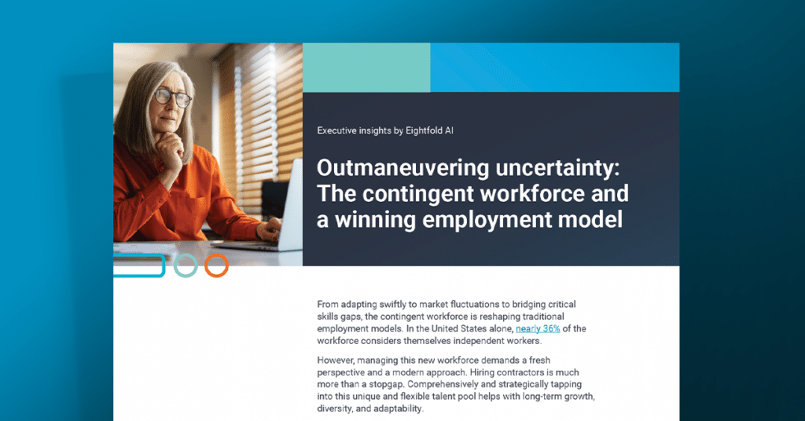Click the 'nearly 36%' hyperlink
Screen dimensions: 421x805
(x=538, y=328)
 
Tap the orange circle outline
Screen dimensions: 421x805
(x=216, y=265)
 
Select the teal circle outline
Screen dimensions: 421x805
(x=186, y=265)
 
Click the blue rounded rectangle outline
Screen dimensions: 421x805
(x=140, y=265)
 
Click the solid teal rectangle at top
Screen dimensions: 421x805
(x=366, y=68)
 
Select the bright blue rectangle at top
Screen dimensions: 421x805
(x=554, y=68)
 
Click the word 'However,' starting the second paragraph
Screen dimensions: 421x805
(x=337, y=359)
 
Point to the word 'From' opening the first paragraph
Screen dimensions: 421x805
(x=329, y=303)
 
